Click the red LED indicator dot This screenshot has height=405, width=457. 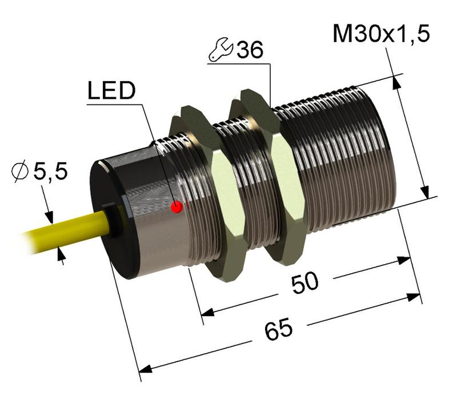(x=177, y=206)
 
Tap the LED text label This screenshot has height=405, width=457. (x=111, y=91)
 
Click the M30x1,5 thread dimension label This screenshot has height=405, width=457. (x=381, y=35)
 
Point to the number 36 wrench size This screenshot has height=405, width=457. (x=250, y=51)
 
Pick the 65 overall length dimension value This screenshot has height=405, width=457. (x=279, y=330)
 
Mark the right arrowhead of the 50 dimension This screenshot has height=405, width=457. (x=405, y=260)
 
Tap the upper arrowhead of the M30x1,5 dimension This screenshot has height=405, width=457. (x=394, y=82)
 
